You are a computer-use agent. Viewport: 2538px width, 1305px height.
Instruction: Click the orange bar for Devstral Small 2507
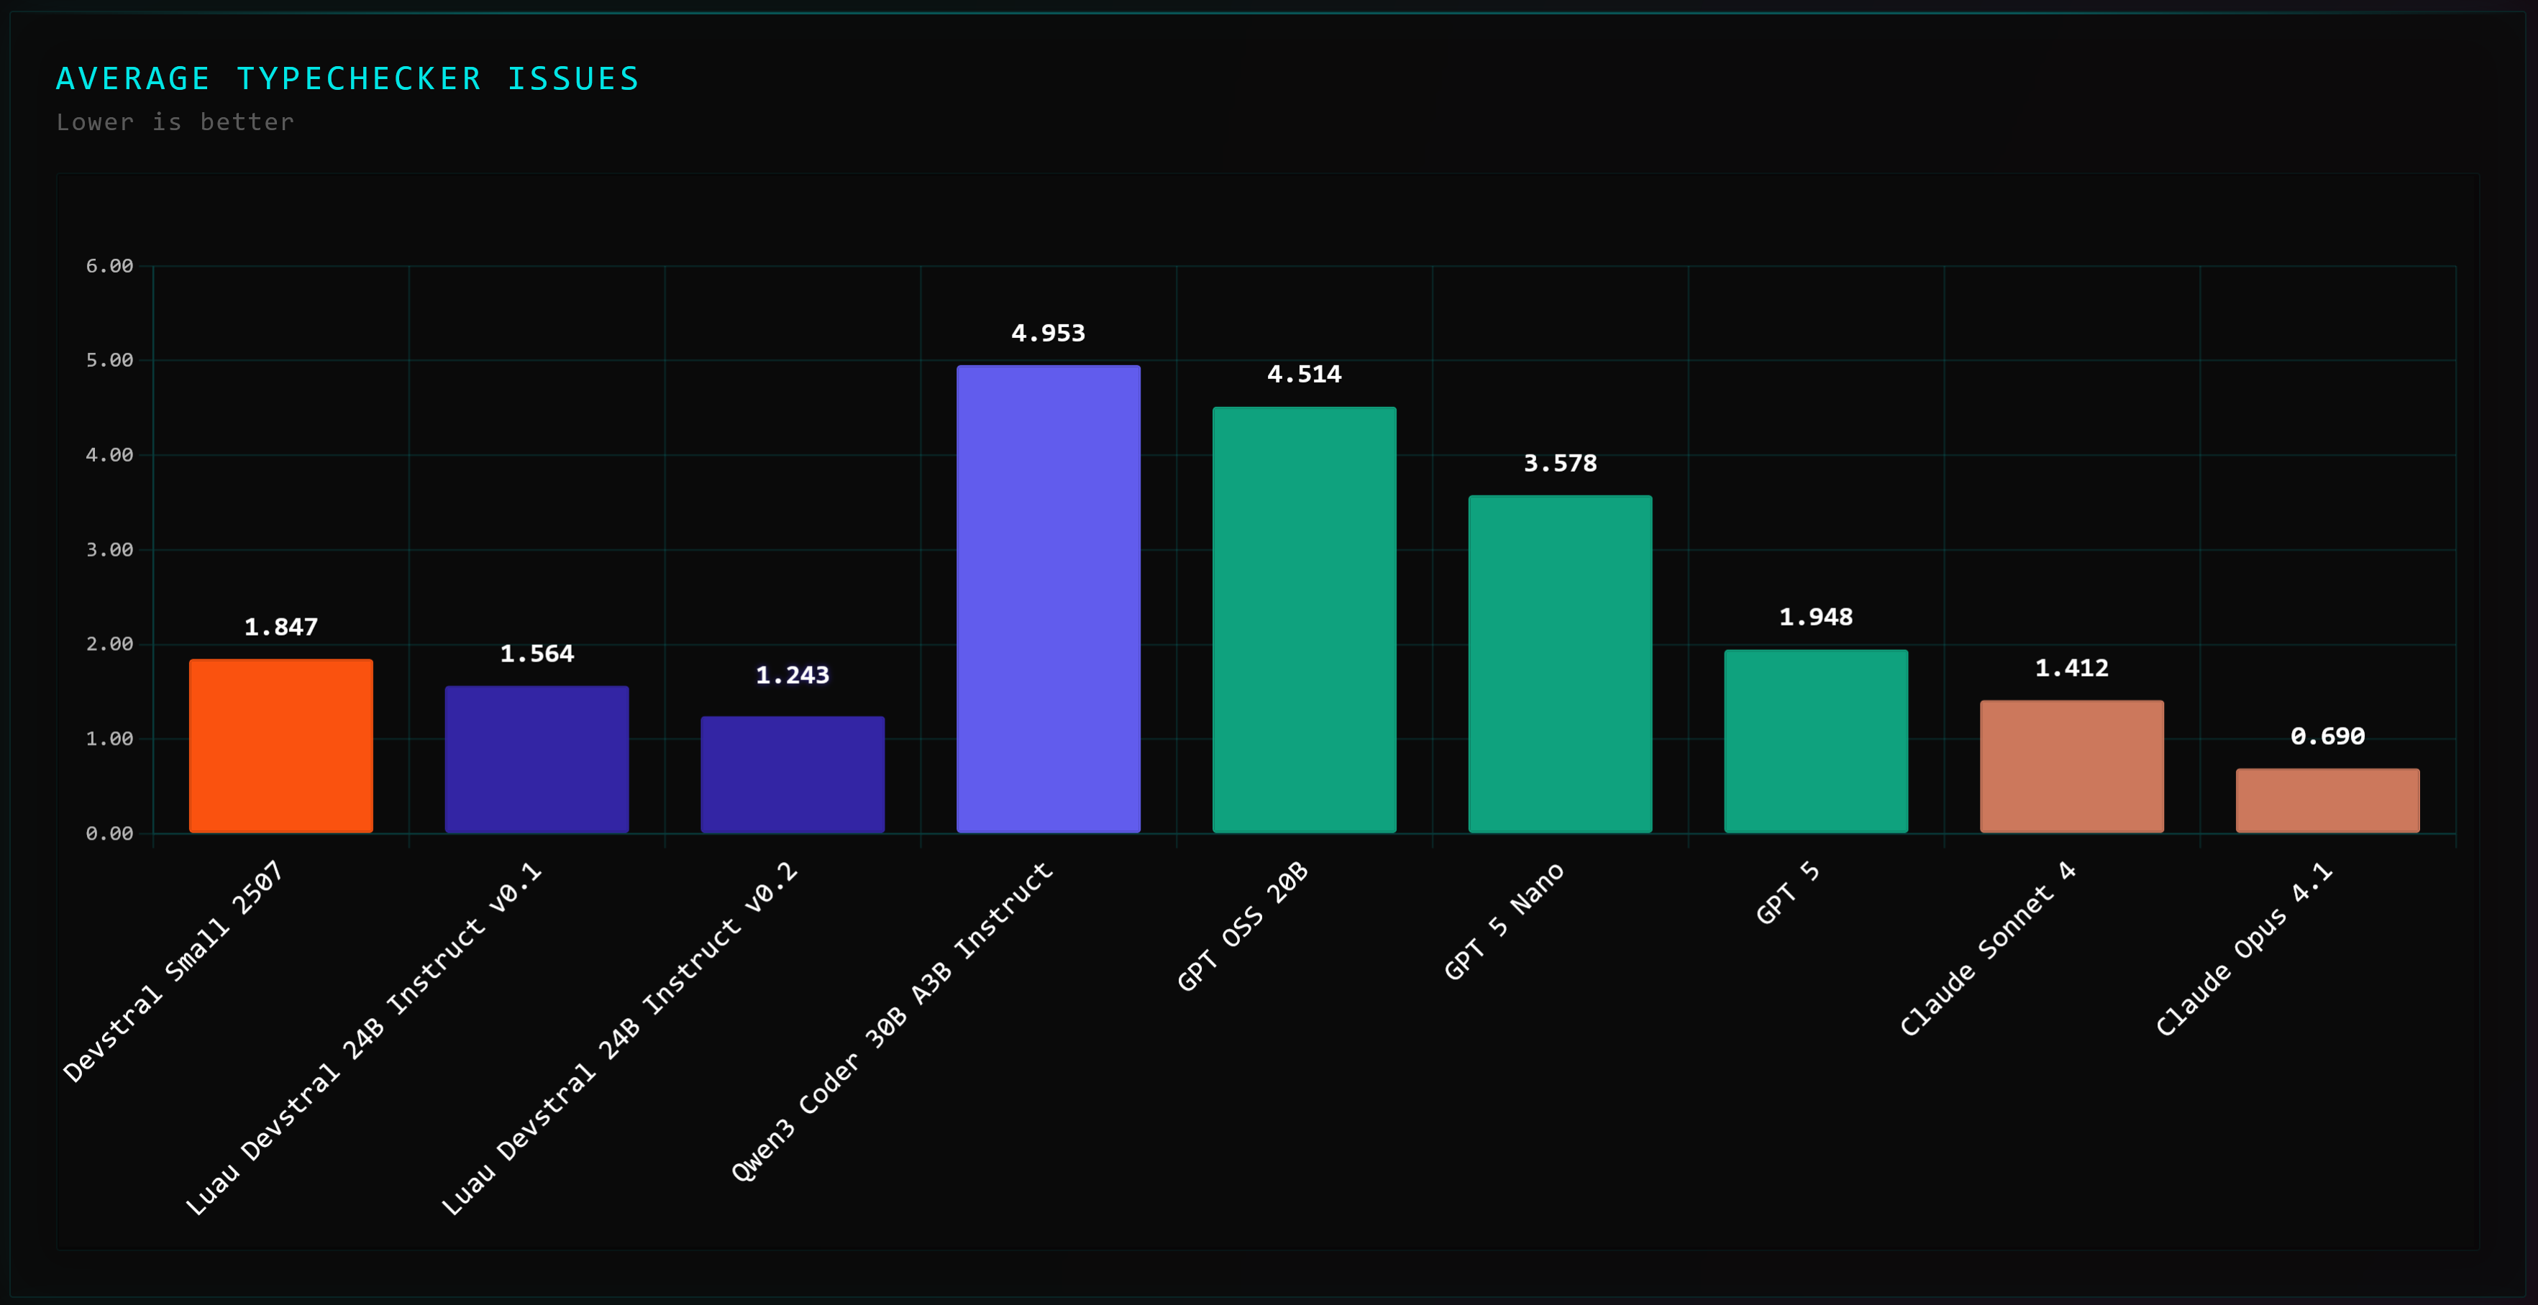point(280,746)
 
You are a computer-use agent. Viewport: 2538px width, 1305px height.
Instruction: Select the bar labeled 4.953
point(1049,599)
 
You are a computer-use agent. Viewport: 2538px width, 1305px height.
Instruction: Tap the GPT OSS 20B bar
point(1303,620)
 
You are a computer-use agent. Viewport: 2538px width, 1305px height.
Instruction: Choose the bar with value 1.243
point(792,774)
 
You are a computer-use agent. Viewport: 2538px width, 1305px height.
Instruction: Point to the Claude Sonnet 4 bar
point(2071,766)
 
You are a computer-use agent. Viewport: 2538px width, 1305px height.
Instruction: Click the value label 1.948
point(1816,618)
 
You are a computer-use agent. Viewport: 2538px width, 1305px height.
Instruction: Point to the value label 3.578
point(1560,464)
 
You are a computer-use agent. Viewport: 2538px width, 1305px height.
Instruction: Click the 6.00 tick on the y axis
point(109,266)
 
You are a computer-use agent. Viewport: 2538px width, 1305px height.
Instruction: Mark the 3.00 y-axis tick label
point(109,549)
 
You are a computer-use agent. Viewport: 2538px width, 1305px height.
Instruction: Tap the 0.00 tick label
point(109,833)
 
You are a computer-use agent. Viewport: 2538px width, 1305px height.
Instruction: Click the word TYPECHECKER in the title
point(359,79)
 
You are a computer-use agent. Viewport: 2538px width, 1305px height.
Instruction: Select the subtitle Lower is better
point(175,122)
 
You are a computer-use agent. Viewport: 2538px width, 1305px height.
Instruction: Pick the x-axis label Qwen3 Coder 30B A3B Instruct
point(892,1021)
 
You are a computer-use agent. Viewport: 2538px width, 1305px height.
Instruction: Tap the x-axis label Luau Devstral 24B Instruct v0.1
point(364,1038)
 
